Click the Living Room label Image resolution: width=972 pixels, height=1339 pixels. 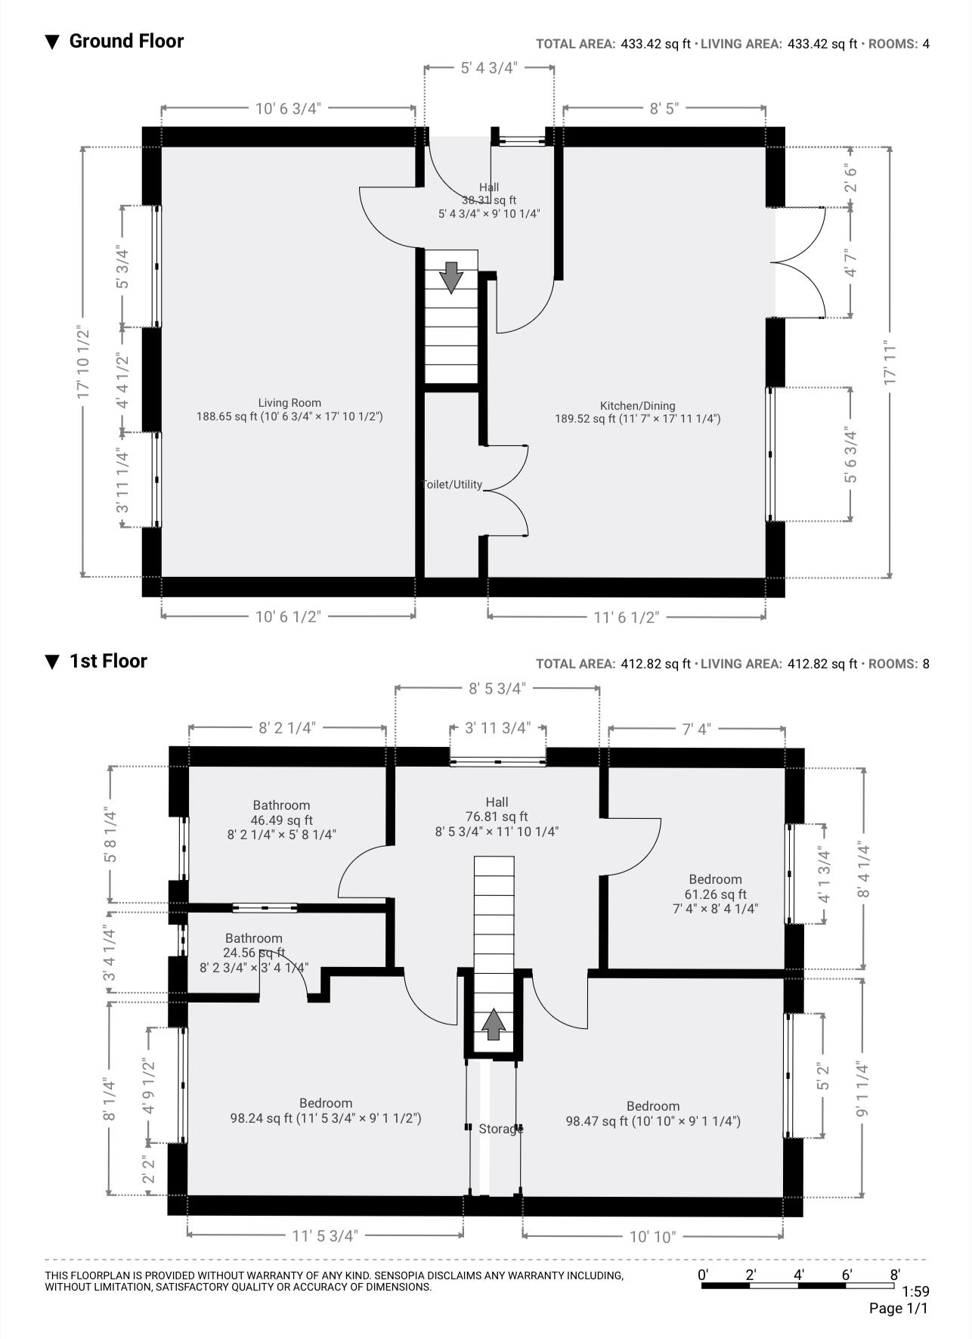pos(289,403)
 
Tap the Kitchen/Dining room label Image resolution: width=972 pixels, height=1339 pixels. pos(637,405)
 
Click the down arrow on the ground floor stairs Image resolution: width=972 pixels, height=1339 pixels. pos(451,277)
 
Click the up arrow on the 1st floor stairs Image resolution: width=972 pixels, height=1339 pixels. pos(494,1024)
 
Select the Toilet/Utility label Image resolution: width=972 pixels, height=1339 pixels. pos(452,485)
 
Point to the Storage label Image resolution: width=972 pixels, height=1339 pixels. pos(500,1129)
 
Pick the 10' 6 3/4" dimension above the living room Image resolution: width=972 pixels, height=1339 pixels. pos(288,108)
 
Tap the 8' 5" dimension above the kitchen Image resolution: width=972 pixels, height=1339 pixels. pos(664,108)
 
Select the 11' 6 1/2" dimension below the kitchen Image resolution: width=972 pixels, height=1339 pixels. pos(626,618)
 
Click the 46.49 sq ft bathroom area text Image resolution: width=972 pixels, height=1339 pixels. pos(281,820)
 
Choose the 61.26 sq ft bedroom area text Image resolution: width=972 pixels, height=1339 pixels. pos(715,894)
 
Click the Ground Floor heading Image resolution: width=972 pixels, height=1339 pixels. pos(126,41)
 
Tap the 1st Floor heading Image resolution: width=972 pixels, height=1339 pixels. pos(108,661)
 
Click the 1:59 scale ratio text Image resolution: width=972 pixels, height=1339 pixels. pos(915,1291)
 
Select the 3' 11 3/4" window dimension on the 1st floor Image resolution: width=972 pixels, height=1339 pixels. pos(497,728)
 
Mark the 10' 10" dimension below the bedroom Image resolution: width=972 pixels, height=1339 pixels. pos(652,1237)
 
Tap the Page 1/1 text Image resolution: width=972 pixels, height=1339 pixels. pos(898,1308)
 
